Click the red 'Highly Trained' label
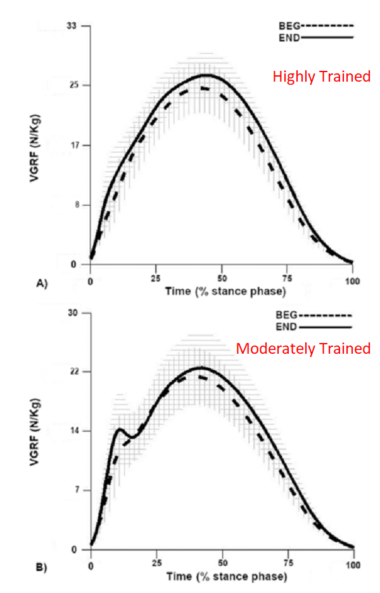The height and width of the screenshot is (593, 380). (321, 77)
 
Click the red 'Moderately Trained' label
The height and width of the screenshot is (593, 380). (303, 348)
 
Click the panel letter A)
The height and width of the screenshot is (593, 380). (42, 284)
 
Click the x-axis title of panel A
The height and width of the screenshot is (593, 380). (225, 292)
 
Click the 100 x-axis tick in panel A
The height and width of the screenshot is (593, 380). (352, 279)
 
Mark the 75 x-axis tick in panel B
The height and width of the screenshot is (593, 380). (288, 563)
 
